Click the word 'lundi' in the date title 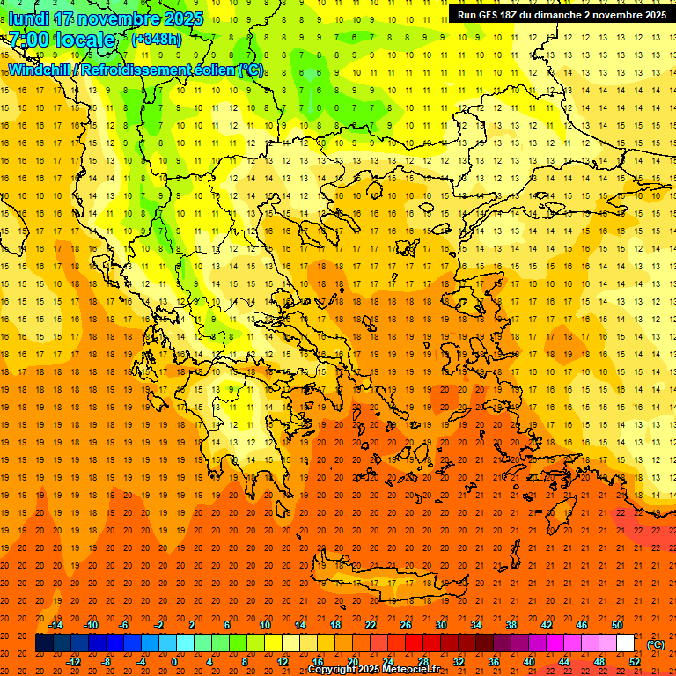(x=28, y=18)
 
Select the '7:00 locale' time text (x=62, y=40)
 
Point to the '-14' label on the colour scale (x=57, y=625)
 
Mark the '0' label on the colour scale (x=174, y=662)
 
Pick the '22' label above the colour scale (x=371, y=625)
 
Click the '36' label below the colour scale (x=494, y=662)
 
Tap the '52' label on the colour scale (x=635, y=662)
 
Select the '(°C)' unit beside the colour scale (x=656, y=644)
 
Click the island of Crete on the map (x=387, y=585)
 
